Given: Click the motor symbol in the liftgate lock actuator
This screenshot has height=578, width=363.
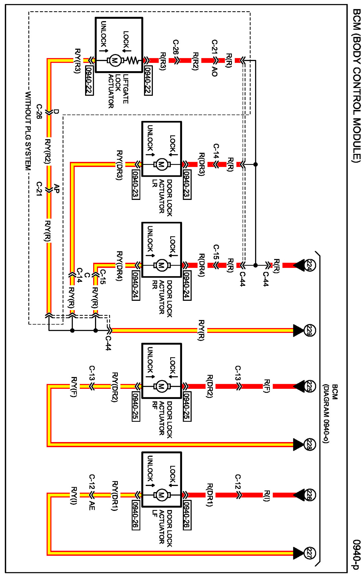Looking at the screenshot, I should (x=115, y=60).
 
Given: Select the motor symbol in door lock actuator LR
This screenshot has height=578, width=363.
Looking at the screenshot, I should (x=161, y=165).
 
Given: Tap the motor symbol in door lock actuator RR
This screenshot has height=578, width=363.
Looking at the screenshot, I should (x=161, y=265).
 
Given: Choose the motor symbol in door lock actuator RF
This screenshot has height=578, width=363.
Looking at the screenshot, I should (x=161, y=386).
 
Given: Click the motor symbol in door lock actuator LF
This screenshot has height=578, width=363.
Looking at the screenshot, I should (x=161, y=495).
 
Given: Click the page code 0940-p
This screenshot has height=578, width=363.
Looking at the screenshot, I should (x=357, y=554).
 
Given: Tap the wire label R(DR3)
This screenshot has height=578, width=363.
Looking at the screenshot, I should (x=202, y=164).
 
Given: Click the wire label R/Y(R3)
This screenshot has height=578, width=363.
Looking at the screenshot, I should (x=78, y=61).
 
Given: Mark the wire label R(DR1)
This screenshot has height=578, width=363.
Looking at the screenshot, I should (x=210, y=495).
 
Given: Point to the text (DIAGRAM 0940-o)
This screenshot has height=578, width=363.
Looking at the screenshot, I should (x=326, y=414).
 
